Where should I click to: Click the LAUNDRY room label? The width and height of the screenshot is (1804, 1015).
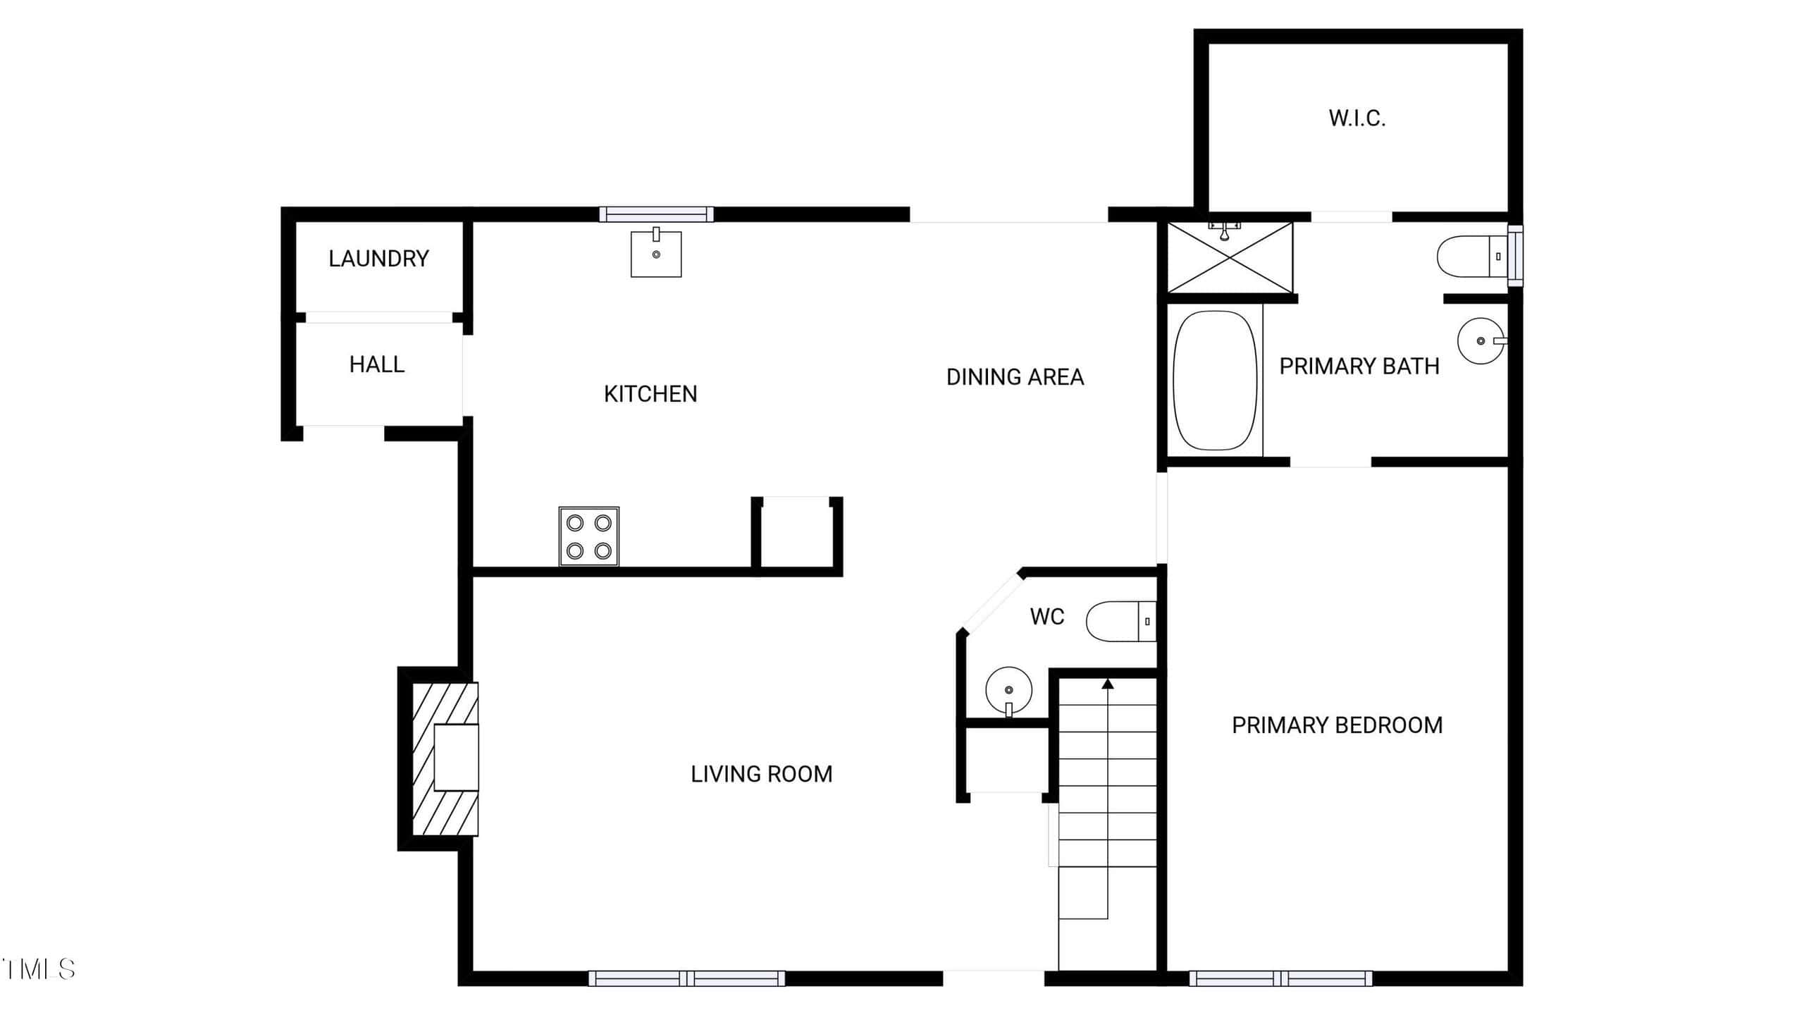[x=378, y=259]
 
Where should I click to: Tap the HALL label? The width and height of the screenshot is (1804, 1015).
[x=377, y=364]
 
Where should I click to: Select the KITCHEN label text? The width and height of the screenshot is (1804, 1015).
[x=650, y=394]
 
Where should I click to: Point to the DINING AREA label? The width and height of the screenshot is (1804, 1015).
[x=1015, y=377]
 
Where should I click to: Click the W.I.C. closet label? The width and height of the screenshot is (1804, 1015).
[x=1357, y=118]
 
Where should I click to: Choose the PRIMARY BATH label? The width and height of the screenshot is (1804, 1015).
[x=1359, y=367]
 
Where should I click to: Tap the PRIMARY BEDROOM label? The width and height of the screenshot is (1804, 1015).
[x=1337, y=725]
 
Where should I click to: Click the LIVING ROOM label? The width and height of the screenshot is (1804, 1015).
[x=762, y=774]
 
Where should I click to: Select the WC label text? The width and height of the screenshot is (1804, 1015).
[x=1046, y=617]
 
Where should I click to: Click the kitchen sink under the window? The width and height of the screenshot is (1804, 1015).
[x=656, y=252]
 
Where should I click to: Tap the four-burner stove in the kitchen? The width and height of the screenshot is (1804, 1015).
[x=589, y=536]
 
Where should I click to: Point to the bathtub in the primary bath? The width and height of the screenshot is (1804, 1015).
[x=1215, y=381]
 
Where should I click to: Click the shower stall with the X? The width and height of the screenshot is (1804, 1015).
[x=1230, y=257]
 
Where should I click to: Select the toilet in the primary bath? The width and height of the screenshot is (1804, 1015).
[x=1472, y=256]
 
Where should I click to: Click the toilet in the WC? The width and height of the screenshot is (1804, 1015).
[x=1121, y=622]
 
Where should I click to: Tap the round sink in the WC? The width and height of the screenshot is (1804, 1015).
[x=1009, y=691]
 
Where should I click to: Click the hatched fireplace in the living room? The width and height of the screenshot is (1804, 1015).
[x=445, y=759]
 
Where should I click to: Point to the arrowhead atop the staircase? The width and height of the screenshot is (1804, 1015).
[x=1108, y=683]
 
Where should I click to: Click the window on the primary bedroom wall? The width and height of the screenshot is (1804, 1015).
[x=1280, y=978]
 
